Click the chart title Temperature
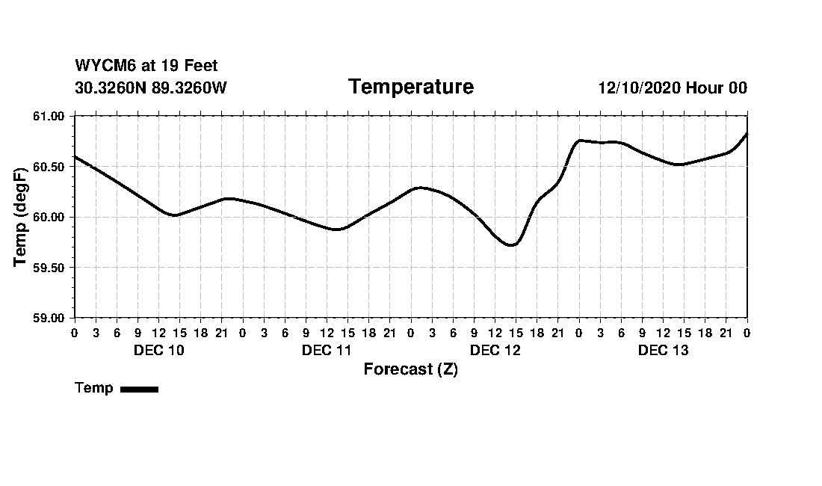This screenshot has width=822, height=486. click(x=410, y=87)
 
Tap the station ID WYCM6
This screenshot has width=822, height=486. click(x=102, y=67)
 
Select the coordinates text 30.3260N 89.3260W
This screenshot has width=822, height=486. click(x=151, y=87)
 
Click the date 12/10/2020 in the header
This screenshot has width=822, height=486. click(x=638, y=88)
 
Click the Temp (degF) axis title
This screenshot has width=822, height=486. click(x=21, y=217)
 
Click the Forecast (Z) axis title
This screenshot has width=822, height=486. click(x=410, y=369)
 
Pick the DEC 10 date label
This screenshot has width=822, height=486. click(x=158, y=350)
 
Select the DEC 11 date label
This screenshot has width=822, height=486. click(x=327, y=350)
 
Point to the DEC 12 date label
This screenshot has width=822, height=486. click(x=495, y=350)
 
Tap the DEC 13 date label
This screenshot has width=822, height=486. click(x=663, y=350)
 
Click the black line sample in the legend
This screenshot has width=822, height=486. click(x=139, y=389)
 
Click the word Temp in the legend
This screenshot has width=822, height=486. click(x=94, y=388)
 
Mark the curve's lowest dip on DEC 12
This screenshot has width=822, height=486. click(x=512, y=244)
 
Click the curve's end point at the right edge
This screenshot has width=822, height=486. click(x=747, y=134)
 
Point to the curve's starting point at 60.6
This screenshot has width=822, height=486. click(x=75, y=156)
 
